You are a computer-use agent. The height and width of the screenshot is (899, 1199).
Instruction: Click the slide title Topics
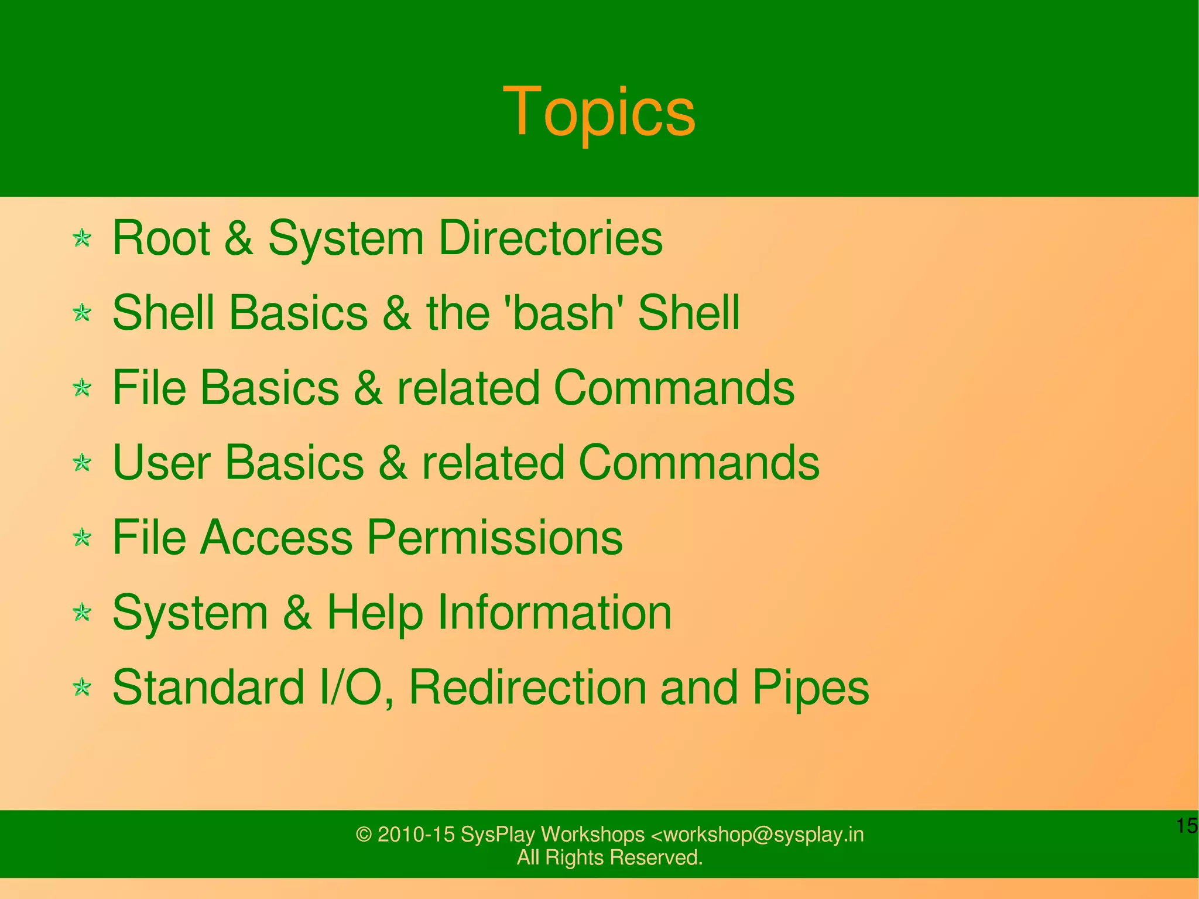click(599, 112)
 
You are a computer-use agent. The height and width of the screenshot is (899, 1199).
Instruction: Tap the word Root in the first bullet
click(161, 238)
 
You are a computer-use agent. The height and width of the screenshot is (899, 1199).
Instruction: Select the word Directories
click(550, 238)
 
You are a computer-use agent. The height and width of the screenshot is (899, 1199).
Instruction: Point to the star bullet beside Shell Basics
click(83, 313)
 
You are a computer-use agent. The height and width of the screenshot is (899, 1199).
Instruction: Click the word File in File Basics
click(149, 388)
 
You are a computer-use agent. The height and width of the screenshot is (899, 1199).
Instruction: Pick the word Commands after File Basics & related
click(674, 388)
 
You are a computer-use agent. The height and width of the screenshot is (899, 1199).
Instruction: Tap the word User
click(161, 463)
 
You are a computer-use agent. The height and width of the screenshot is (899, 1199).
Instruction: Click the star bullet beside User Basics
click(83, 463)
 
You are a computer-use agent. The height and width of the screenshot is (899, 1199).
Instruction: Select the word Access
click(276, 538)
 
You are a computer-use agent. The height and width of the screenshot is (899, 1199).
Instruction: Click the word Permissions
click(495, 538)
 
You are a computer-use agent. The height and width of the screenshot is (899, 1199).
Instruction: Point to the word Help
click(375, 613)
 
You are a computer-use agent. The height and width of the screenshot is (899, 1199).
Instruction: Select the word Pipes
click(811, 688)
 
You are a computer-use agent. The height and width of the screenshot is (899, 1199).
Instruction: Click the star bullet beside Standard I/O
click(83, 688)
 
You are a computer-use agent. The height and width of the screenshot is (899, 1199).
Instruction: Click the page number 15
click(1187, 826)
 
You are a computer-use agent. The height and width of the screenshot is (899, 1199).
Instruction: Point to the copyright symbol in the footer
click(364, 835)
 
